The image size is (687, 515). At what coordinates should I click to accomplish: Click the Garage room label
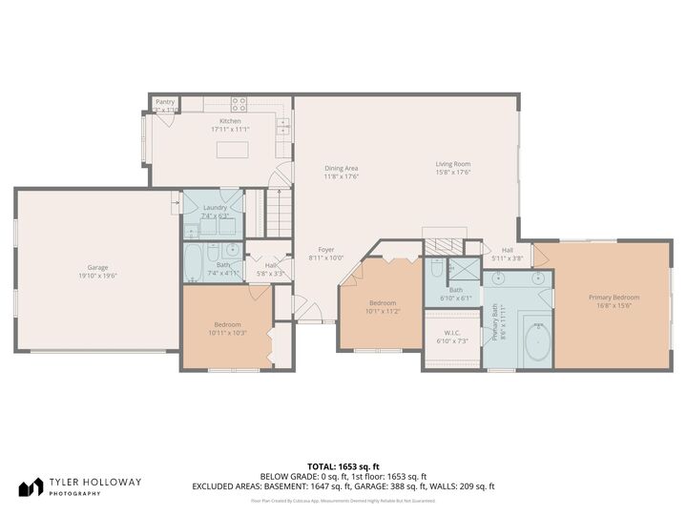97,272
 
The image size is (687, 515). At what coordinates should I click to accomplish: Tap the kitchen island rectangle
231,150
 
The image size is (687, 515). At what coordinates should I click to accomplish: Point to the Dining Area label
341,172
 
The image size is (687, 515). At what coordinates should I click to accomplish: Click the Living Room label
453,168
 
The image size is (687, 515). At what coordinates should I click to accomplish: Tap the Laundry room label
215,211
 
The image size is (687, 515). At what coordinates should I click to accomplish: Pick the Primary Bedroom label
614,301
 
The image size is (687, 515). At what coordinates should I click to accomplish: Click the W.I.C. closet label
451,337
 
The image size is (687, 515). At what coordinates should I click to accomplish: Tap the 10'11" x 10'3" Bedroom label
227,328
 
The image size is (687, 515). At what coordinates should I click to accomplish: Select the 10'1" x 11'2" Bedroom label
382,307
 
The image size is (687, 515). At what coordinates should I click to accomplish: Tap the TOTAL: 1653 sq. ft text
343,464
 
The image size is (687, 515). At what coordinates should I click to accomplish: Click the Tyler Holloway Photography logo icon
31,487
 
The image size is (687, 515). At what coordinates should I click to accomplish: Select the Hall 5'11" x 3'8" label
508,255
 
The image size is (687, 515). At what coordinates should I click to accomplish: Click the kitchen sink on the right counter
282,123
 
